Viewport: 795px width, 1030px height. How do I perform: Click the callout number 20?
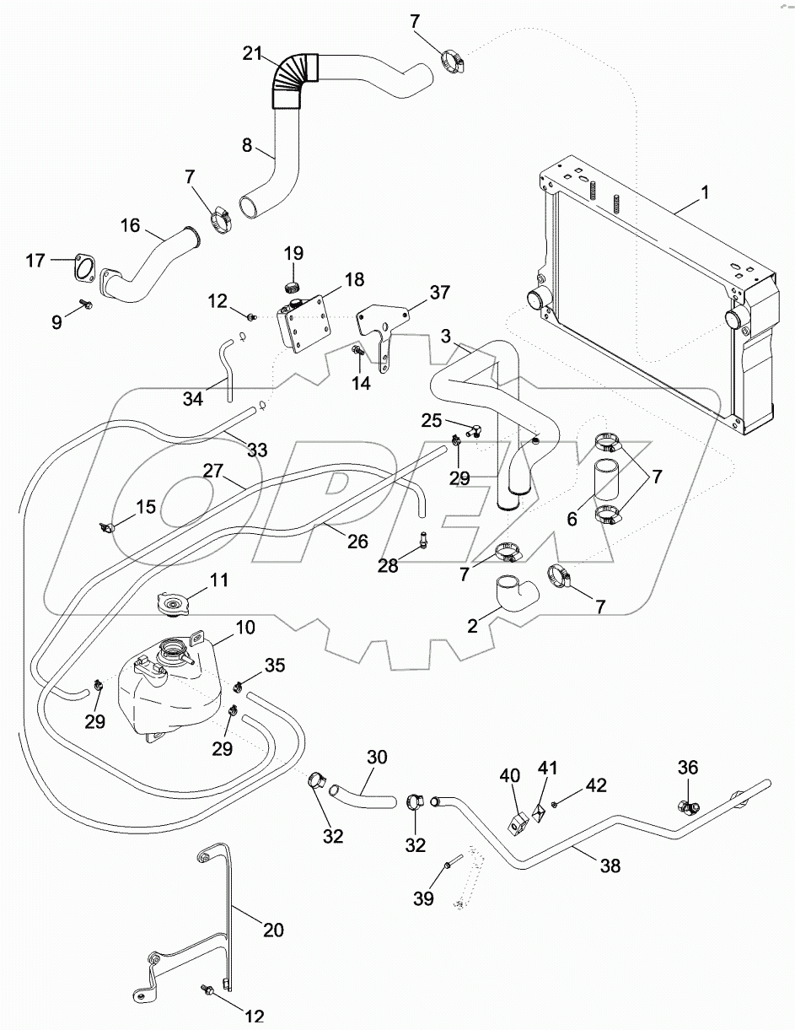click(x=272, y=930)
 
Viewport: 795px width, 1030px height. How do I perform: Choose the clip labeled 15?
click(x=108, y=528)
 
